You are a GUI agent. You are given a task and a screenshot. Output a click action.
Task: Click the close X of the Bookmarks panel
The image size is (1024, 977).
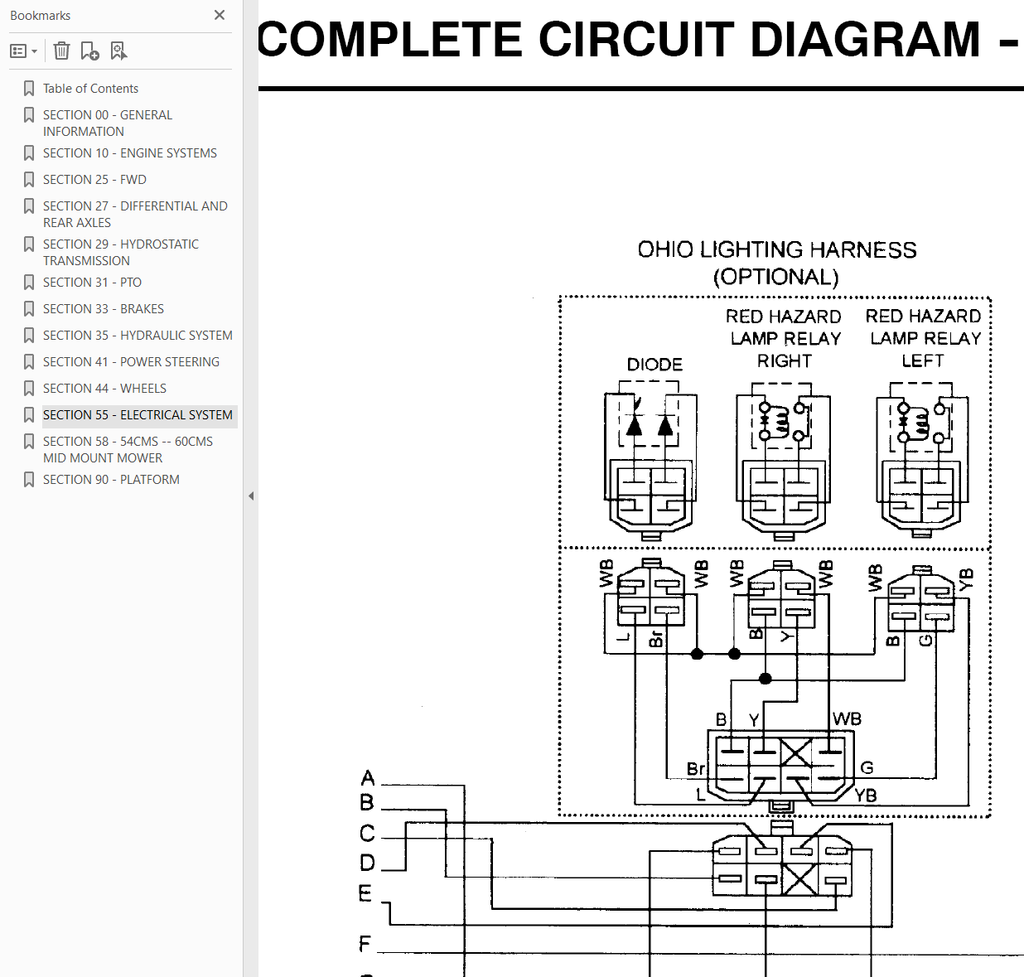click(x=220, y=15)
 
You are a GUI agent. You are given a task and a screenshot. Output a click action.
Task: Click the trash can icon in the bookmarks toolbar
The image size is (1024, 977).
click(x=61, y=51)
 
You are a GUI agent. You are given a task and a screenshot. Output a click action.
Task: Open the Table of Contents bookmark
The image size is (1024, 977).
click(x=90, y=89)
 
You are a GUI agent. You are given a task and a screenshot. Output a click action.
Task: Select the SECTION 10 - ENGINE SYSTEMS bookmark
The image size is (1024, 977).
click(x=130, y=153)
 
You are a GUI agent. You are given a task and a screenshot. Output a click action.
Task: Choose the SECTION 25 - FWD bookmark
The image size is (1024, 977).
click(x=94, y=180)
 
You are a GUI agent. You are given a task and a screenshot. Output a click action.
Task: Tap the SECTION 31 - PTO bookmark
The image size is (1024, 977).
click(x=92, y=283)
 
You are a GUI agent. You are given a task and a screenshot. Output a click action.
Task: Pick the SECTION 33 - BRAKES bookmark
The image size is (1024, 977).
click(x=103, y=309)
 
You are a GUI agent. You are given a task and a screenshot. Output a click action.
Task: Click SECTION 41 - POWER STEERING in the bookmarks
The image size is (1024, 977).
click(x=131, y=362)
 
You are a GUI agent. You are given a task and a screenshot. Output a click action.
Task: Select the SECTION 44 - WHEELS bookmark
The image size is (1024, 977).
click(x=104, y=389)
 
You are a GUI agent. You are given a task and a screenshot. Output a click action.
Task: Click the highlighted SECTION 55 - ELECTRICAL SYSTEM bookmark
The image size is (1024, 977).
click(x=138, y=415)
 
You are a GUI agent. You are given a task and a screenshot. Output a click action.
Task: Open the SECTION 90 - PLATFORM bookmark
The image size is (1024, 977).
click(x=111, y=480)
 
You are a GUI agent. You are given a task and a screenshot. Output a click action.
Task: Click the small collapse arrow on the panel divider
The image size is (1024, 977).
click(x=251, y=496)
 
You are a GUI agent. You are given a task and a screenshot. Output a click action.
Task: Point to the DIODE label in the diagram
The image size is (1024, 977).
click(x=654, y=365)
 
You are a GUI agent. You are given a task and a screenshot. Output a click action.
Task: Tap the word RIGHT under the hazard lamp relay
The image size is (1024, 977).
click(x=784, y=361)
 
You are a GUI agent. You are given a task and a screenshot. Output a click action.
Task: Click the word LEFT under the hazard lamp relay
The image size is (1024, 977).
click(x=922, y=360)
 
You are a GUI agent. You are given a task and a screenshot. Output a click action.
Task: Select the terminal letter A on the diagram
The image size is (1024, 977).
click(x=368, y=778)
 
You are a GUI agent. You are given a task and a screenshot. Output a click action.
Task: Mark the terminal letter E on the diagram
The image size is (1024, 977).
click(x=365, y=893)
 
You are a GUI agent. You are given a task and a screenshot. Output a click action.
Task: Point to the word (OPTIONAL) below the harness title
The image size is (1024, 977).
click(x=775, y=278)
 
